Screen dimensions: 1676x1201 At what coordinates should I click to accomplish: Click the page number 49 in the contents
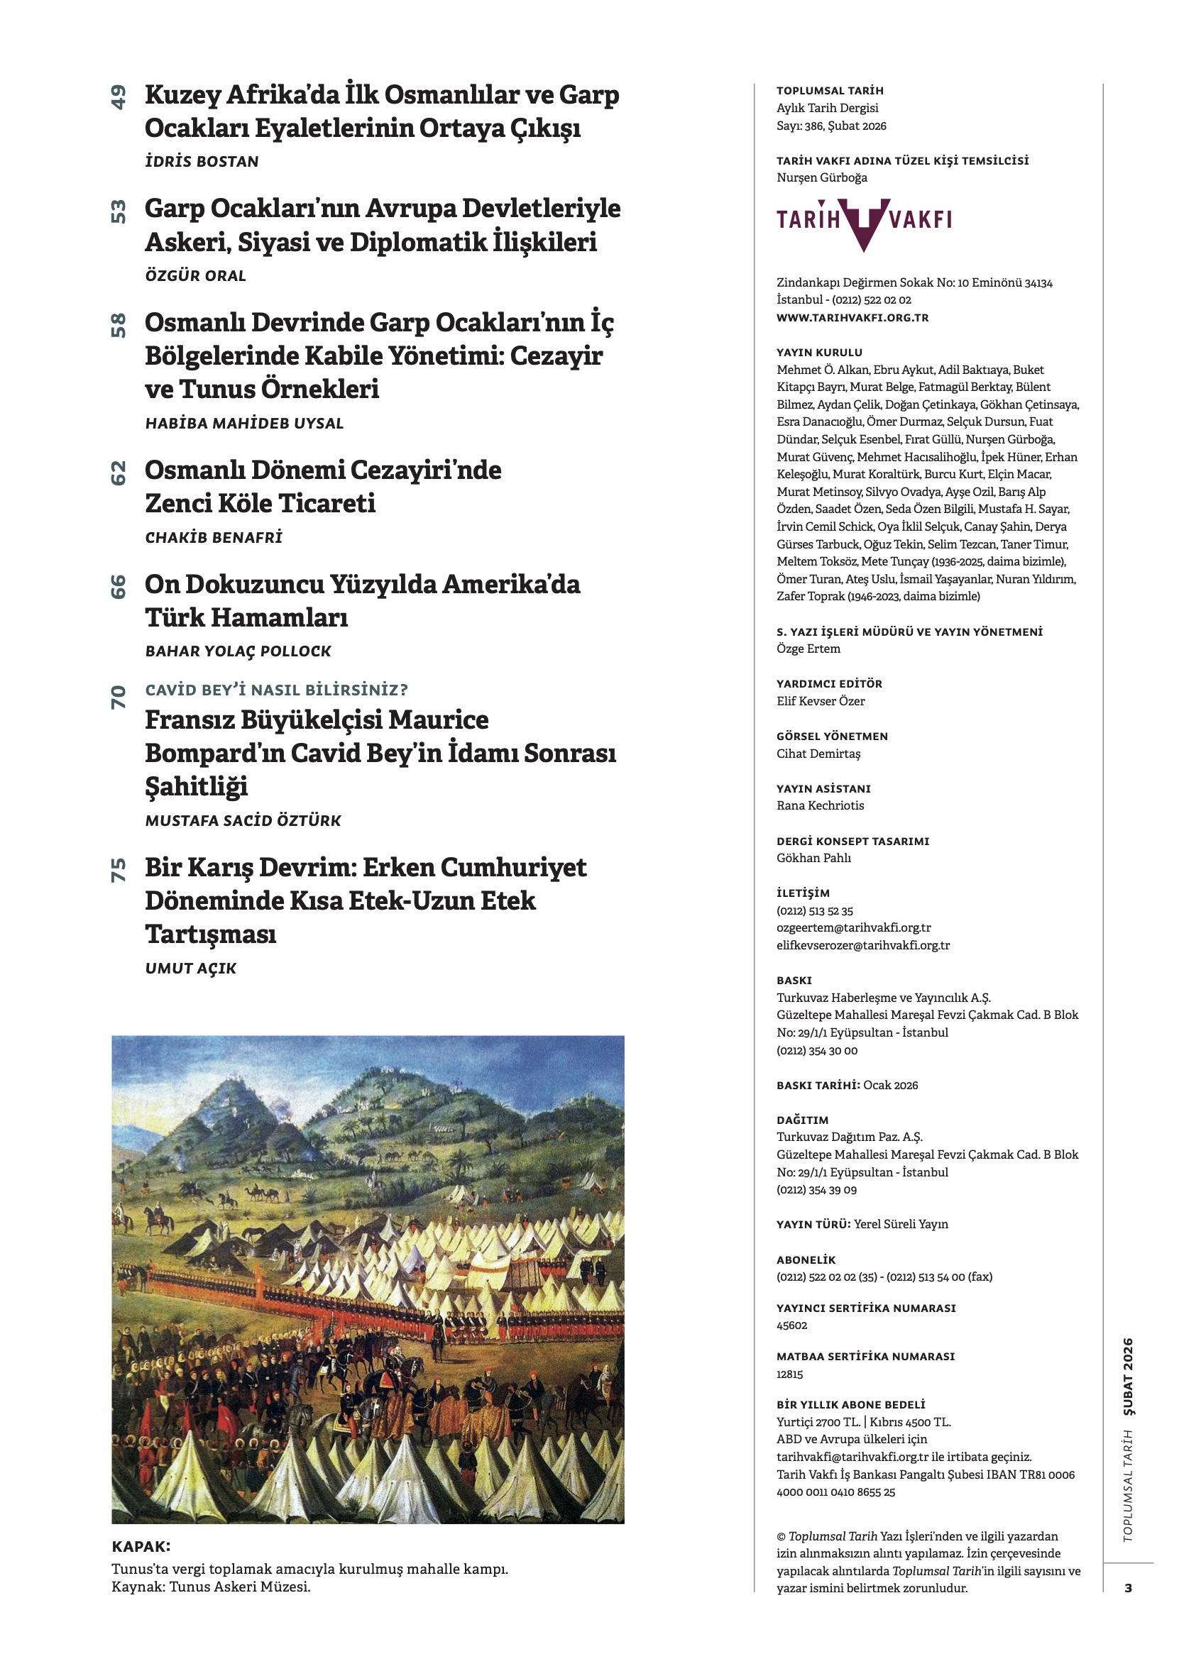118,97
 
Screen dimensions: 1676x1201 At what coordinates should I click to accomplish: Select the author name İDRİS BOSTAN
202,161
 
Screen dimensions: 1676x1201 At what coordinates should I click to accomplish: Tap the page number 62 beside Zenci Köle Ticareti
118,473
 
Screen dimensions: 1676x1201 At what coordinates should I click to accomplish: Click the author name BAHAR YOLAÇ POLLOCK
238,651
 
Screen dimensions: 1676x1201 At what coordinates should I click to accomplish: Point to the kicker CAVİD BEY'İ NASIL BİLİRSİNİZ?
276,690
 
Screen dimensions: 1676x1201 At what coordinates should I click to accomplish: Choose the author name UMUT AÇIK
191,968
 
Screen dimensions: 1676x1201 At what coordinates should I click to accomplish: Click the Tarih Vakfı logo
863,221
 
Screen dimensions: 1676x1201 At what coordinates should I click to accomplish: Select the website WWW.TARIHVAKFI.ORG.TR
852,318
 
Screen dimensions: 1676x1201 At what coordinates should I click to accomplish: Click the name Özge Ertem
808,649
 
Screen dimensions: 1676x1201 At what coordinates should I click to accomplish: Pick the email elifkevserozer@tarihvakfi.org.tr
862,945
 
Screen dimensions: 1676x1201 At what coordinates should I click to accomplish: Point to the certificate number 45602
791,1325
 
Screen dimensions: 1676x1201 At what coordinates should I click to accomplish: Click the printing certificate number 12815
789,1374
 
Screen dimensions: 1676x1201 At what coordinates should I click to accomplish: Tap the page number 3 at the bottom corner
1128,1587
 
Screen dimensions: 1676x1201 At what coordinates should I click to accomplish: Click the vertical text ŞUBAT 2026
1127,1377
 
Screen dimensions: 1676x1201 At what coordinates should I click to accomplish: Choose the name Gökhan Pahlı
813,858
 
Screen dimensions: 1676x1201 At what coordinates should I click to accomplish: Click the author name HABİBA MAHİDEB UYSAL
244,424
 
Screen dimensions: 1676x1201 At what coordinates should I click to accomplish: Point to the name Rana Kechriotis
820,805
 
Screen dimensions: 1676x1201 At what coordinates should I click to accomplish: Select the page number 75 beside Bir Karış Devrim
118,870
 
